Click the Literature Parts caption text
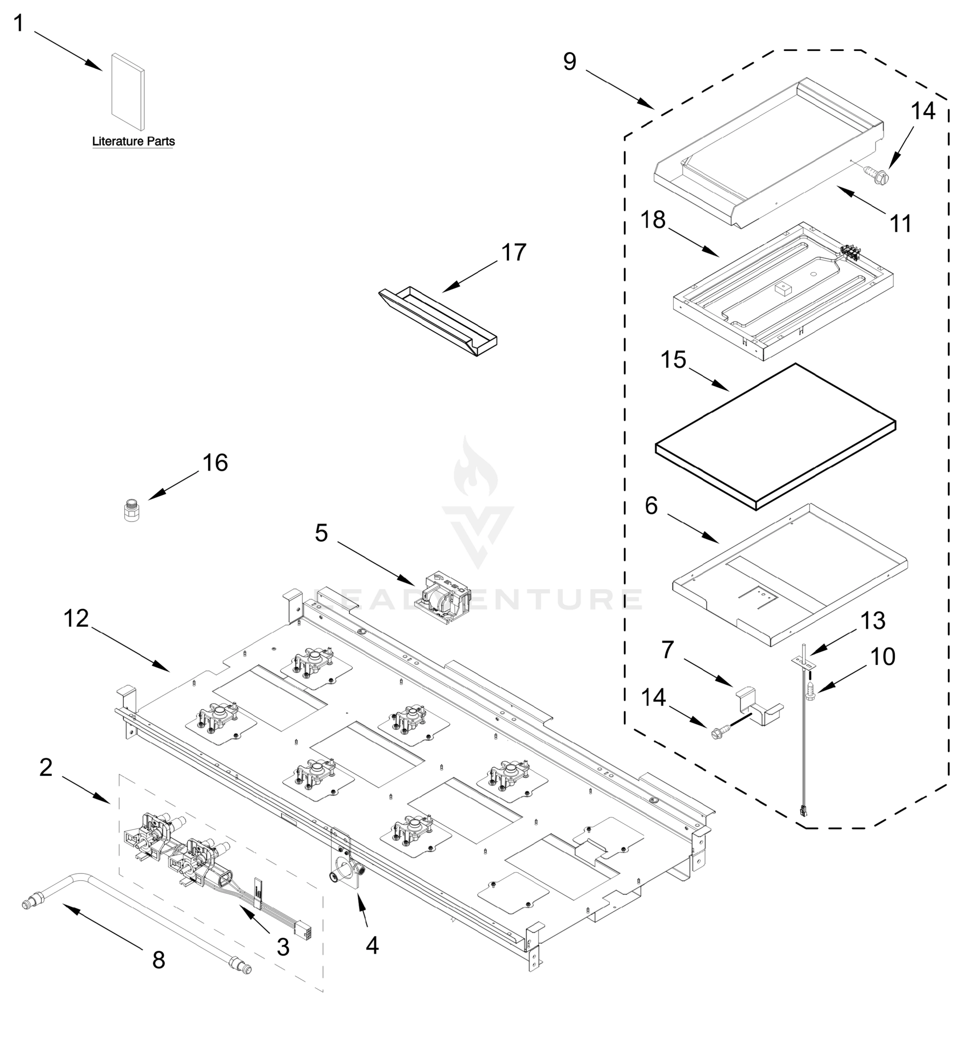click(x=133, y=141)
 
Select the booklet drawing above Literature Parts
click(x=128, y=92)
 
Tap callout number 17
click(x=513, y=253)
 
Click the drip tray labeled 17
click(x=439, y=322)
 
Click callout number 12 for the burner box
click(x=76, y=618)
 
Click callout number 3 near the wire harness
click(x=283, y=947)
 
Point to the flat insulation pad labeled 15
click(x=775, y=436)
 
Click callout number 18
click(x=653, y=220)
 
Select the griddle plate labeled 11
click(x=767, y=155)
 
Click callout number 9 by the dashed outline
click(x=569, y=62)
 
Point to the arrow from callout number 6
click(x=693, y=528)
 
